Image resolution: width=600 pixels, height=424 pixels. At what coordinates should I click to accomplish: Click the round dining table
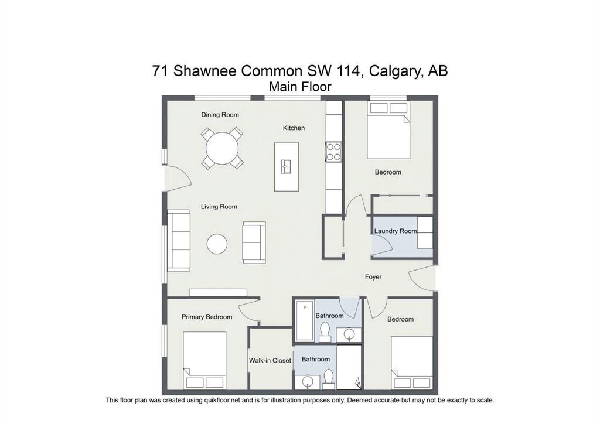click(x=222, y=148)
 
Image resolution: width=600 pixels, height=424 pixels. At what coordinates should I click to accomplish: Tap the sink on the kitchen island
click(x=286, y=166)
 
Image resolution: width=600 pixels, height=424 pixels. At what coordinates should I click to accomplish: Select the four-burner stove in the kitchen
click(x=333, y=152)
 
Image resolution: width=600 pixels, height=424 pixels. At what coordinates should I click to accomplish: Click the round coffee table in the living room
click(x=217, y=244)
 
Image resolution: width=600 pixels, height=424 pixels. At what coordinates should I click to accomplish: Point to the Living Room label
click(x=219, y=207)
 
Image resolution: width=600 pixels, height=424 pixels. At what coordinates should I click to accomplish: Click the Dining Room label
click(x=220, y=115)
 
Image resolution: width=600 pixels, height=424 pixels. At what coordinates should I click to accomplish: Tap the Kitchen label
click(x=294, y=128)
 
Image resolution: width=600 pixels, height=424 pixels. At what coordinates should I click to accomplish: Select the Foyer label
click(x=373, y=277)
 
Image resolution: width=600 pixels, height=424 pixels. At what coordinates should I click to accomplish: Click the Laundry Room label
click(x=396, y=231)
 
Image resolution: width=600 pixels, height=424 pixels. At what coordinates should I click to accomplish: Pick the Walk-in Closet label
click(x=270, y=360)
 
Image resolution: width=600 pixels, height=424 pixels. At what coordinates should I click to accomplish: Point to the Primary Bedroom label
click(x=207, y=317)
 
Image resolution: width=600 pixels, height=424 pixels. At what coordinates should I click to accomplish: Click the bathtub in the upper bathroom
click(x=305, y=320)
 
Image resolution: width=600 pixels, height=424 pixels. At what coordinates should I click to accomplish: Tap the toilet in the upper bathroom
click(x=325, y=331)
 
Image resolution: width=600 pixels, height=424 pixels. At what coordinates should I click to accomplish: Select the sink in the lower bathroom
click(x=308, y=382)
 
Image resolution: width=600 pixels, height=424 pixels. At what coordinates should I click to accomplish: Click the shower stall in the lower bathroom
click(x=349, y=367)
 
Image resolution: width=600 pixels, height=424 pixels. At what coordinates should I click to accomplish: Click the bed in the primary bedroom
click(x=204, y=360)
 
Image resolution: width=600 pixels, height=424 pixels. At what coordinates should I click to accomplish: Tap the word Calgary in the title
click(x=396, y=71)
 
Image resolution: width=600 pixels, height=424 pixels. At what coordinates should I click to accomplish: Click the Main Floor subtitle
click(x=300, y=87)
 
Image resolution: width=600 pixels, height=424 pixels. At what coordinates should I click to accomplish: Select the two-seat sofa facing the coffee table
click(x=254, y=242)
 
